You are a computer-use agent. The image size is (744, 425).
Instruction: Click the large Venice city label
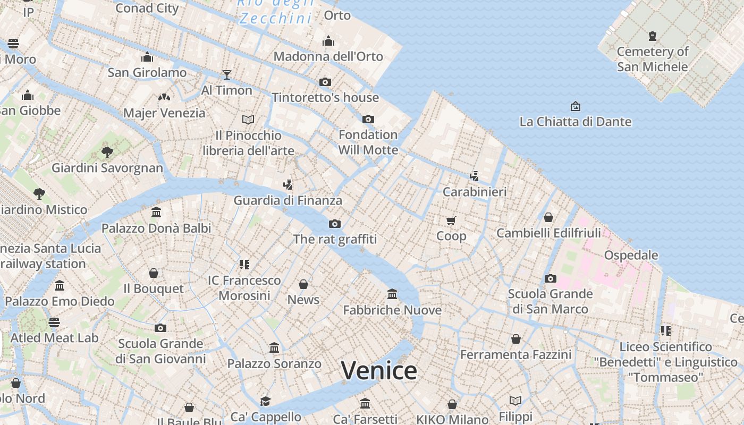point(378,370)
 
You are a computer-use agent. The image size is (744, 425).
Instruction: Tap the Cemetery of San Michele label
point(652,59)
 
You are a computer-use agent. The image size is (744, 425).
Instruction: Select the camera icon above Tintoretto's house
point(325,82)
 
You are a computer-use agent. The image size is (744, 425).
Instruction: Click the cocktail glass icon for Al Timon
point(227,74)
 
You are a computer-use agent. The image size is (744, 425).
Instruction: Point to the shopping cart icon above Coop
point(451,220)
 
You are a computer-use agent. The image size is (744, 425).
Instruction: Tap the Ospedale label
point(631,255)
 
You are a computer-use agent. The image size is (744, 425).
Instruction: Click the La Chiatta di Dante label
point(575,122)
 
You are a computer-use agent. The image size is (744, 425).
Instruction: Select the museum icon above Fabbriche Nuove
point(392,294)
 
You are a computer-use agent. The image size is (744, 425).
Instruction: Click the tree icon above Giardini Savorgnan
point(107,152)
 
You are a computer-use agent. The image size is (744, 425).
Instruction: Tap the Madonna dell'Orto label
point(328,56)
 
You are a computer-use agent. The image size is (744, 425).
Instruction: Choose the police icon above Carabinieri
point(474,176)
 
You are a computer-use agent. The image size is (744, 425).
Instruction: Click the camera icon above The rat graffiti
point(335,224)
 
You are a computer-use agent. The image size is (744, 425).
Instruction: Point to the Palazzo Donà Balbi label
point(156,228)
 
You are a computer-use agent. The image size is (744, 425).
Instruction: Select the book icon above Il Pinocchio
point(248,120)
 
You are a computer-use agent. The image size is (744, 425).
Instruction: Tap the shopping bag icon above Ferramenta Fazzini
point(515,338)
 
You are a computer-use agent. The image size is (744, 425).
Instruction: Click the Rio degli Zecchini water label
point(275,12)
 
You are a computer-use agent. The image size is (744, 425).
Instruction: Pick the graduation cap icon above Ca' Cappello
point(265,401)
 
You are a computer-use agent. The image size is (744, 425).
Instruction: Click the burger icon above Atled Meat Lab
point(54,322)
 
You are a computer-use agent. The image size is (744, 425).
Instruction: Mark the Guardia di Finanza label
point(288,200)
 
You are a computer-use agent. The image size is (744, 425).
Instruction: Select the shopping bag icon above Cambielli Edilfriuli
point(548,217)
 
